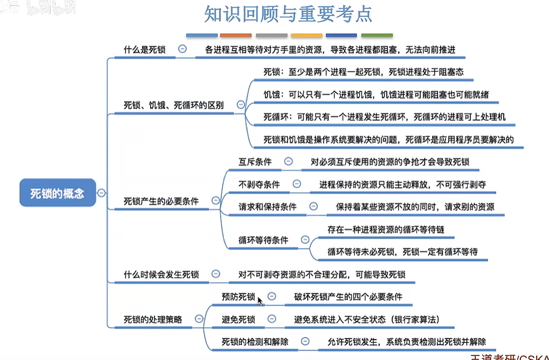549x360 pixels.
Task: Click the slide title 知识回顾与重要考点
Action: tap(288, 14)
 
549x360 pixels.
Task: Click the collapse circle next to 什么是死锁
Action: tap(183, 49)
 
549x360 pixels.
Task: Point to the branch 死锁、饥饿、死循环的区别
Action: tap(174, 105)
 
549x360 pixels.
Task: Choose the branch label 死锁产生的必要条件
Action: tap(161, 201)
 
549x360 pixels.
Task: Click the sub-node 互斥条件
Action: tap(255, 161)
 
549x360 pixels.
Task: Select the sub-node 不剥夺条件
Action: tap(259, 185)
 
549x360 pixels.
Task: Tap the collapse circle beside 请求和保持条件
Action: tap(314, 206)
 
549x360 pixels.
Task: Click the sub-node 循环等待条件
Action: tap(263, 240)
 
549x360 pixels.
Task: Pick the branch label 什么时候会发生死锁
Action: tap(161, 274)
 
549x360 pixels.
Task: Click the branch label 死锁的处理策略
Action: tap(153, 319)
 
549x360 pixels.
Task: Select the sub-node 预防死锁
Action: tap(238, 296)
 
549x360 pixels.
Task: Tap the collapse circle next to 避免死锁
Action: tap(271, 319)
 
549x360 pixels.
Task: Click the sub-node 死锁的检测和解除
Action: tap(255, 342)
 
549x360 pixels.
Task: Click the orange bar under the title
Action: tap(236, 36)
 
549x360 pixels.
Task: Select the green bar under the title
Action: tap(377, 36)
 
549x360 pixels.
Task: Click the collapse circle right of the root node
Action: tap(102, 193)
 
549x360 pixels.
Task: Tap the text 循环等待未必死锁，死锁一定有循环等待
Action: tap(402, 251)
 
